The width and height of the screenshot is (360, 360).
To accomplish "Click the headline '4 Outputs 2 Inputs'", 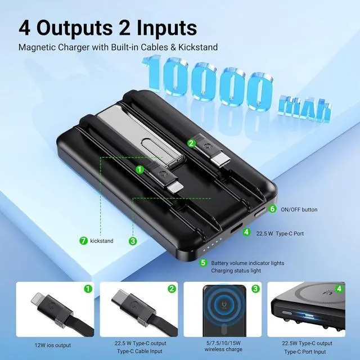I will [x=107, y=26].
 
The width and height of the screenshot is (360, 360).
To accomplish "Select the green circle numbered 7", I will [x=83, y=241].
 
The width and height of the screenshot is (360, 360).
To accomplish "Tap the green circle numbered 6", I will [x=272, y=209].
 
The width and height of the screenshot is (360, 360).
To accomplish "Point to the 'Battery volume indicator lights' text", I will [x=247, y=263].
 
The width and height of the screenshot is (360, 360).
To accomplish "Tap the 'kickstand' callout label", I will [x=102, y=241].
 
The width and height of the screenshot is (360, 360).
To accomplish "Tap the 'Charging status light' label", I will [x=236, y=271].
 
